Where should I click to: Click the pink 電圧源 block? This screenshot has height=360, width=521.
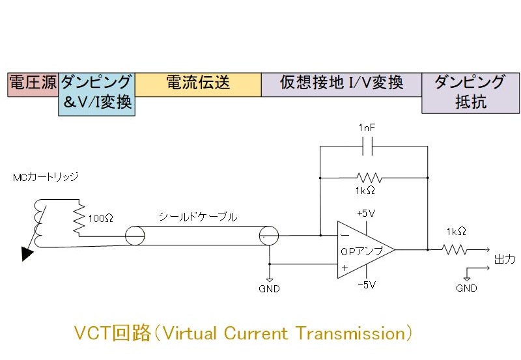[x=33, y=85]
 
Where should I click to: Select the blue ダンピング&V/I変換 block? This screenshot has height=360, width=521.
[x=96, y=94]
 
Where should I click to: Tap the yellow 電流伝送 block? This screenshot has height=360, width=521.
[x=198, y=85]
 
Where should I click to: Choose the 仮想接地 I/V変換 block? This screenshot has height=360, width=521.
[x=341, y=85]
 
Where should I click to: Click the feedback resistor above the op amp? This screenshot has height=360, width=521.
[x=369, y=177]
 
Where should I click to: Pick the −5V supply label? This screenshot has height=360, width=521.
[x=367, y=285]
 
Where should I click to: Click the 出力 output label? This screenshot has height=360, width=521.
[x=505, y=259]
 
